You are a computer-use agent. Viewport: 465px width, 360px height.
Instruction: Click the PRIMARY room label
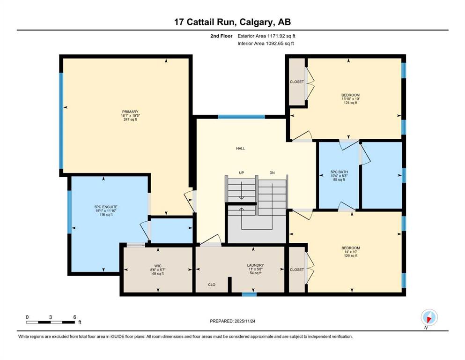[x=131, y=112]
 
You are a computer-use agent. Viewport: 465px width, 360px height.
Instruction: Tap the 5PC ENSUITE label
[x=106, y=207]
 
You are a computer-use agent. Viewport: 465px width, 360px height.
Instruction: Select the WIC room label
[x=158, y=266]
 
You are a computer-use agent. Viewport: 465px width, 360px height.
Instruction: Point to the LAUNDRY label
[x=255, y=265]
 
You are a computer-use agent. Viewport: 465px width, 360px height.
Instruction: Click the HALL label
[x=241, y=149]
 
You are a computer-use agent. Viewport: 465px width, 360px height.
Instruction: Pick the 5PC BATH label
[x=339, y=172]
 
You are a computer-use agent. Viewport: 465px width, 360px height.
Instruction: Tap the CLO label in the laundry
[x=212, y=285]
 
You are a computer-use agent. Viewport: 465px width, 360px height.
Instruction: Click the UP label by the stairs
[x=241, y=172]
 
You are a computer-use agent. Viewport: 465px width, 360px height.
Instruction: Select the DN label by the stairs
[x=272, y=172]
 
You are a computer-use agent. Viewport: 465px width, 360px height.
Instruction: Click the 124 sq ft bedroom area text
[x=351, y=103]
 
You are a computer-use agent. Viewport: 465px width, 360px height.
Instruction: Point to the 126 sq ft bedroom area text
[x=351, y=255]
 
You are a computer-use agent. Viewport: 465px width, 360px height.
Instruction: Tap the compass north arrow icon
[x=429, y=318]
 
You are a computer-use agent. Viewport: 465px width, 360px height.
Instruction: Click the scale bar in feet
[x=51, y=322]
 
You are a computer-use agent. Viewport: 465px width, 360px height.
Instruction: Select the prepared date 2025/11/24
[x=232, y=321]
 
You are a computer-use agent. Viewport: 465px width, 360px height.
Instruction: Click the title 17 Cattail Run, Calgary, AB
[x=232, y=22]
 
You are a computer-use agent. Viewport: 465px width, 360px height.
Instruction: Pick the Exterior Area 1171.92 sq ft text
[x=266, y=36]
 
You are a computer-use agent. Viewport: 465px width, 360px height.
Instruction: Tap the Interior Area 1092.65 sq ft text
[x=266, y=43]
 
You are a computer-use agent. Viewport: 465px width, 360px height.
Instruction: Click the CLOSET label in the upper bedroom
[x=297, y=82]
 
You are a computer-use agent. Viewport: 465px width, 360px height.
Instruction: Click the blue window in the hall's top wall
[x=241, y=117]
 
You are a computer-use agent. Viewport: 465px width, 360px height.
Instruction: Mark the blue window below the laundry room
[x=249, y=294]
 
